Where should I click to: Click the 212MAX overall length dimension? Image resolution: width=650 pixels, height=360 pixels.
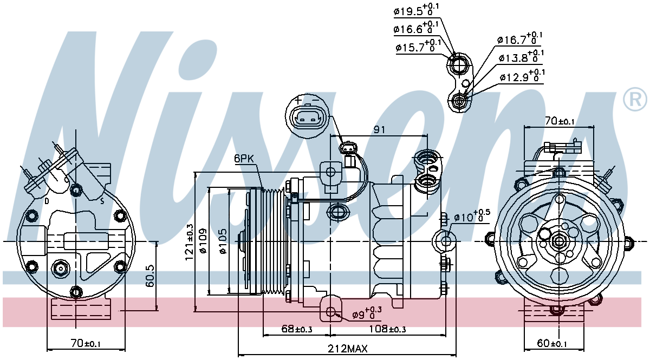click(347, 349)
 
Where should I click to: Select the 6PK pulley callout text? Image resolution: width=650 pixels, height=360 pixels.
click(244, 159)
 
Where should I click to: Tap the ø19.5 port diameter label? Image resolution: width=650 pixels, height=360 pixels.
click(417, 10)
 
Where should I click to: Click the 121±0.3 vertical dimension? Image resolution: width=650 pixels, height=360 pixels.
click(189, 243)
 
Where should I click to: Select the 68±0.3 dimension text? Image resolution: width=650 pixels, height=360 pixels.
click(296, 329)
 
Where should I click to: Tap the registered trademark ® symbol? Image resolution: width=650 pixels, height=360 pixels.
click(635, 99)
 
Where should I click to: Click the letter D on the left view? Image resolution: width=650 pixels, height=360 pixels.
click(47, 201)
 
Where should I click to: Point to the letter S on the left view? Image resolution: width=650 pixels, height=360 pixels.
click(101, 201)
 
